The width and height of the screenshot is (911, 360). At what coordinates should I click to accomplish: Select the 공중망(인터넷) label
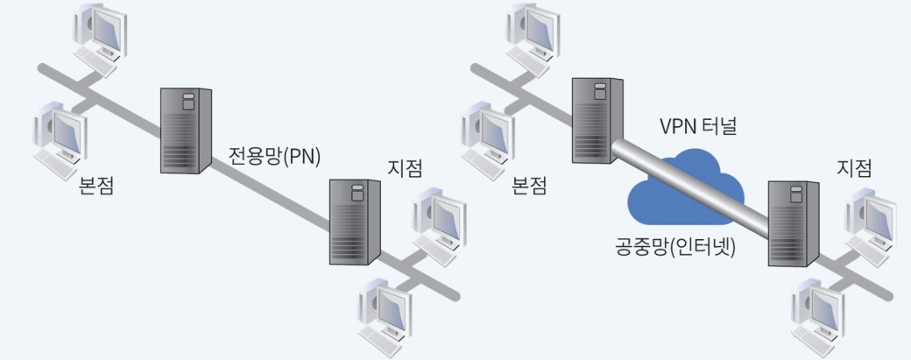(674, 247)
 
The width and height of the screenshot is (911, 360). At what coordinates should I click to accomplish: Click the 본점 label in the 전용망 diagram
(95, 186)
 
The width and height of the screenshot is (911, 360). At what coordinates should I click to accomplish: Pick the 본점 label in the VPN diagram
(530, 186)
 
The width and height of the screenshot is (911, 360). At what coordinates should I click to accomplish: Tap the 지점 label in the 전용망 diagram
(405, 166)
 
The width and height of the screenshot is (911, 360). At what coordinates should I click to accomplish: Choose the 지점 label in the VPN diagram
(855, 166)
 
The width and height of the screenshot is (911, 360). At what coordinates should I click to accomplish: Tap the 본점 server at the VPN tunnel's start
(597, 120)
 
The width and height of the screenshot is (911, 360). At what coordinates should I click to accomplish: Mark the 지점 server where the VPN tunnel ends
(793, 222)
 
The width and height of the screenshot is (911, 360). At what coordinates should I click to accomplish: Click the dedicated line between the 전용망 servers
(272, 185)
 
